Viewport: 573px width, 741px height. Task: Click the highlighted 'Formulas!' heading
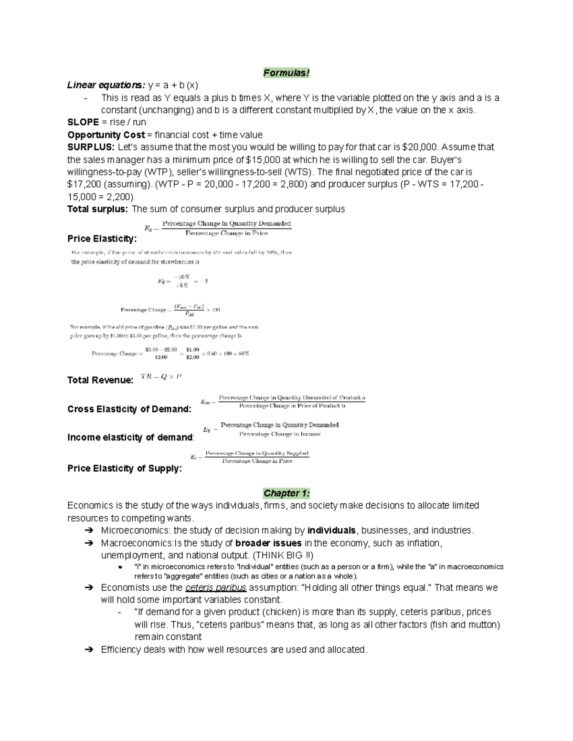286,73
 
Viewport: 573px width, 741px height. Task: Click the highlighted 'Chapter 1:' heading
286,493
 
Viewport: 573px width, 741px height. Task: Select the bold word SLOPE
83,123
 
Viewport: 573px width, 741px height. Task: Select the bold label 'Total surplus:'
98,209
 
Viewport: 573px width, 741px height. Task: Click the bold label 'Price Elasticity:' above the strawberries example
102,239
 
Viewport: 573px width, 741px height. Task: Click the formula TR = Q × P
161,377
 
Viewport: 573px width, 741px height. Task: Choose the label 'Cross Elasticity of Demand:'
129,409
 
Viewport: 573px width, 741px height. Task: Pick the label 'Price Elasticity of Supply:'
125,469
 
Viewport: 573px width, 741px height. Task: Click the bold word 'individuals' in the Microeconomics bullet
332,531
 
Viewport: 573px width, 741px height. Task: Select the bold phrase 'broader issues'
268,543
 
